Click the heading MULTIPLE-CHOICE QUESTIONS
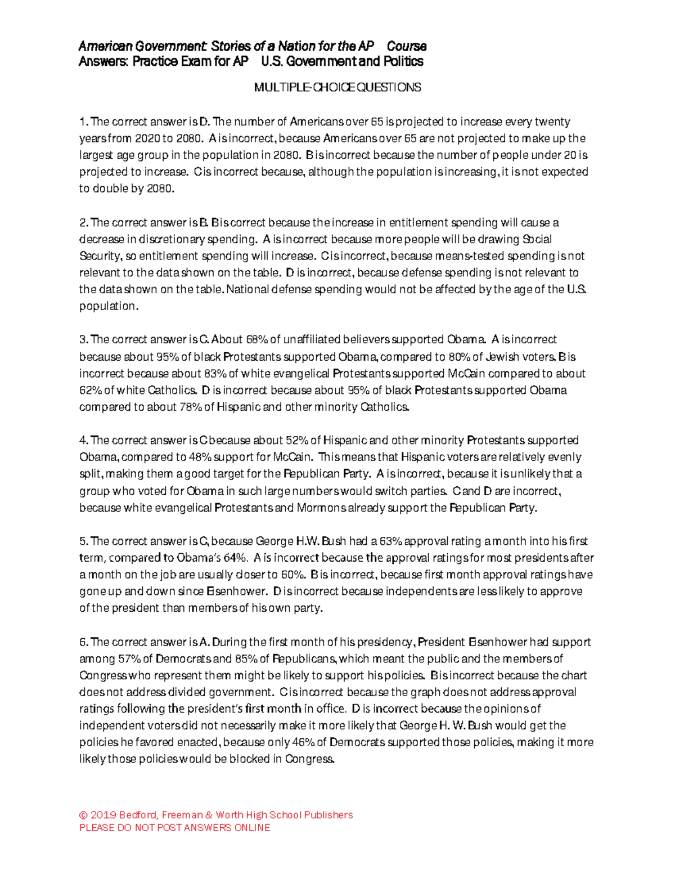click(337, 87)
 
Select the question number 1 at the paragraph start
click(83, 122)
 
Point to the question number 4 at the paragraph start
click(83, 441)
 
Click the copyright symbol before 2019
click(83, 815)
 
